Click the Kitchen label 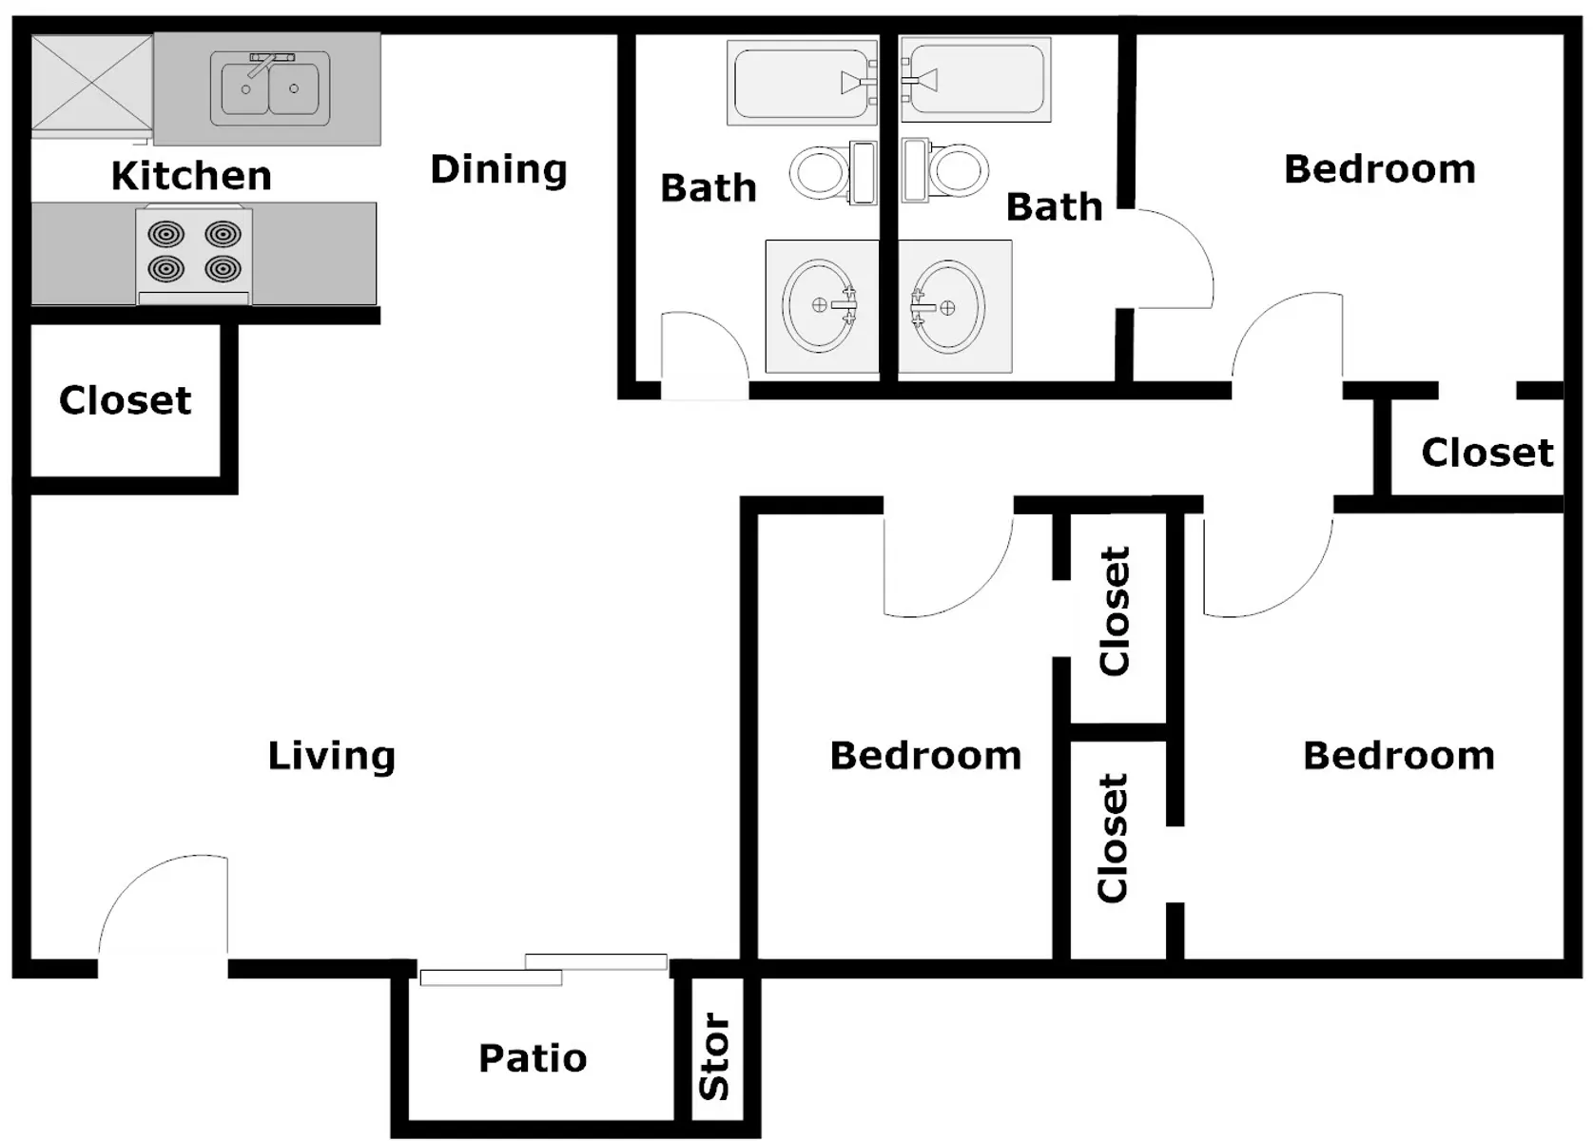coord(191,175)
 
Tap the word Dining coord(498,170)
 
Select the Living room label coord(331,757)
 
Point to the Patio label coord(533,1058)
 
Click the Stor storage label coord(715,1055)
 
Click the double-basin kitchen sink coord(270,88)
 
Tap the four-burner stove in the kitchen coord(194,255)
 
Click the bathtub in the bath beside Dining coord(802,83)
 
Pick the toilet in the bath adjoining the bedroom coord(945,170)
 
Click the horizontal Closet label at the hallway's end coord(1487,453)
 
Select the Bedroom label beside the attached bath coord(1380,170)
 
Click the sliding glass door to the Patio coord(544,970)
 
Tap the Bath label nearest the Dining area coord(709,188)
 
